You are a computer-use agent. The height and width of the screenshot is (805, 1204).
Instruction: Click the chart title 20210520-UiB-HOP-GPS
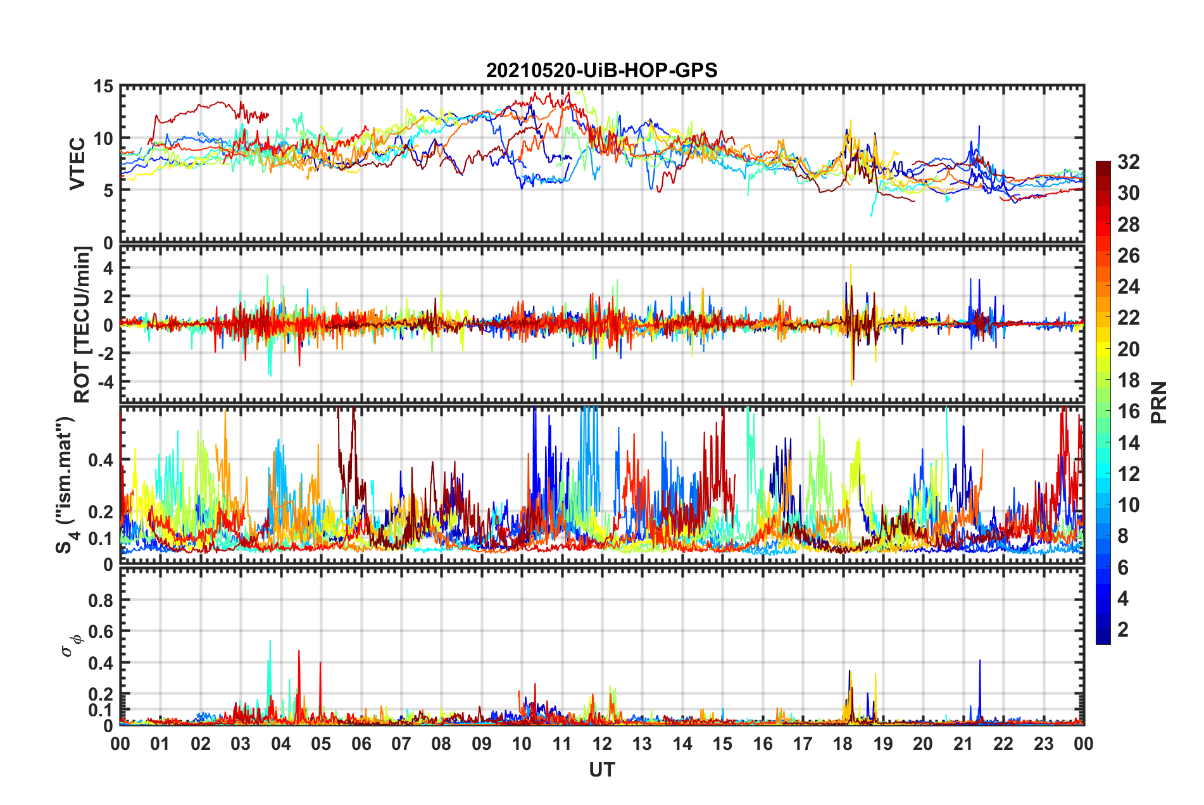pyautogui.click(x=601, y=70)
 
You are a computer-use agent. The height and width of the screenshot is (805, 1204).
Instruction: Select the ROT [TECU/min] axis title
pyautogui.click(x=82, y=325)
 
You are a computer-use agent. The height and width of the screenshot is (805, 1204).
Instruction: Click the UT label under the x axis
pyautogui.click(x=601, y=770)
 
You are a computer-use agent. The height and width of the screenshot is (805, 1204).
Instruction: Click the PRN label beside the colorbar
pyautogui.click(x=1159, y=403)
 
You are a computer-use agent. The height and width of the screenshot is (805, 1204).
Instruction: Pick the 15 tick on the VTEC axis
pyautogui.click(x=103, y=87)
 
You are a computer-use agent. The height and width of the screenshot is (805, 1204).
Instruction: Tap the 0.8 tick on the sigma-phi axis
pyautogui.click(x=101, y=600)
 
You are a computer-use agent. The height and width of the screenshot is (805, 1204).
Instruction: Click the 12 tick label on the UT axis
pyautogui.click(x=601, y=744)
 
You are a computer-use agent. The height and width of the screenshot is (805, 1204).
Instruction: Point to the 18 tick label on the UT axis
pyautogui.click(x=843, y=744)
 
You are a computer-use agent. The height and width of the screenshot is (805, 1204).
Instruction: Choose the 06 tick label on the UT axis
pyautogui.click(x=361, y=744)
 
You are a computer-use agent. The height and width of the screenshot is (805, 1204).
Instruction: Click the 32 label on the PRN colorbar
pyautogui.click(x=1128, y=162)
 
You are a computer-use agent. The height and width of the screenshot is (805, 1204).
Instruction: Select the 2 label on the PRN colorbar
pyautogui.click(x=1123, y=629)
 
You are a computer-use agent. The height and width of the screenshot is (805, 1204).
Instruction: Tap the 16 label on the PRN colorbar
pyautogui.click(x=1128, y=411)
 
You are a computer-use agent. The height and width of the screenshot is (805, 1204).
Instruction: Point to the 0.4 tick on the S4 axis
pyautogui.click(x=101, y=460)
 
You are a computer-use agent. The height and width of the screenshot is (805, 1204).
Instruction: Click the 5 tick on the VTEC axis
pyautogui.click(x=108, y=190)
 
